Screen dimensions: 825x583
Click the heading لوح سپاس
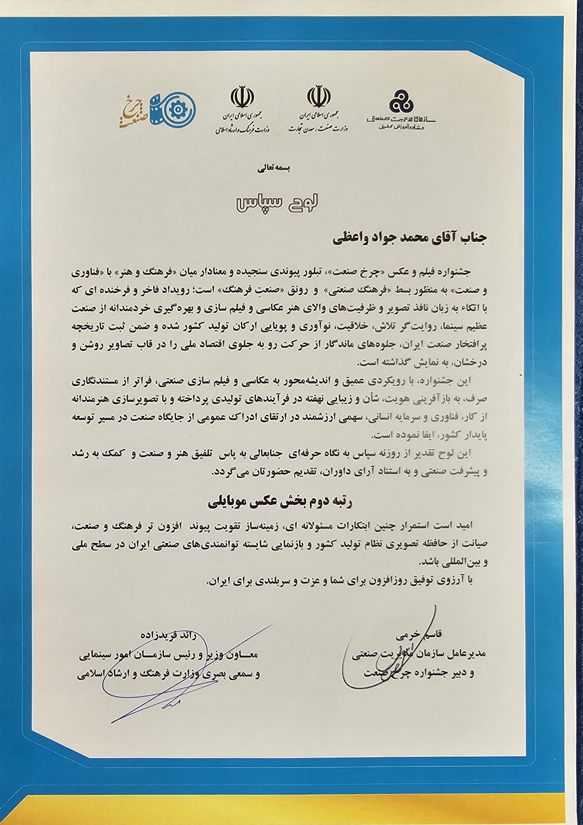[x=277, y=203]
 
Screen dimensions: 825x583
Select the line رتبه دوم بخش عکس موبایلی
[x=280, y=502]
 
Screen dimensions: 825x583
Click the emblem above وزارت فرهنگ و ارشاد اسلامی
[x=242, y=97]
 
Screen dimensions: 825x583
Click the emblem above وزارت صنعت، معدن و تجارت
[x=318, y=96]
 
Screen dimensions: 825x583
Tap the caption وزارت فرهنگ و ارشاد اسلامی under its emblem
[x=242, y=129]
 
